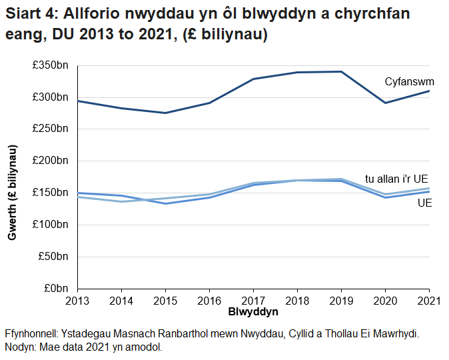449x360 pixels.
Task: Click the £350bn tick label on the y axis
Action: click(52, 65)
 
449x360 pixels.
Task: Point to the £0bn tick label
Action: click(56, 288)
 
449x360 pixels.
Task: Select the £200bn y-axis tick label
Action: click(52, 161)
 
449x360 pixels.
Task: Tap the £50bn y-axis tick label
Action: click(54, 256)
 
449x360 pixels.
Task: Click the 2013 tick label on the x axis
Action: click(78, 301)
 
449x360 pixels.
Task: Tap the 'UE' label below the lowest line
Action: click(424, 203)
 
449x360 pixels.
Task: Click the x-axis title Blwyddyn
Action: click(253, 312)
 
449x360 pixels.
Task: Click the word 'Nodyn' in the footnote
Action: click(20, 347)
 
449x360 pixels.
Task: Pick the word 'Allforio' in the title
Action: click(91, 14)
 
